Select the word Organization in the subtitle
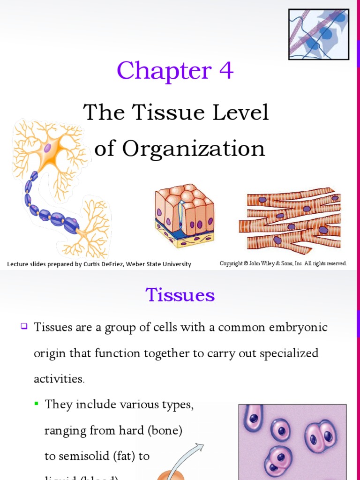193,149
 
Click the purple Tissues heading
180,295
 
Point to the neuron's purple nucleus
47,148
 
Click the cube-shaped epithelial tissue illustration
184,215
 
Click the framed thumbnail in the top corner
318,34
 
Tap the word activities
59,379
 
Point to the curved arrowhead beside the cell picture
201,448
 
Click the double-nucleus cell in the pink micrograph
321,436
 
